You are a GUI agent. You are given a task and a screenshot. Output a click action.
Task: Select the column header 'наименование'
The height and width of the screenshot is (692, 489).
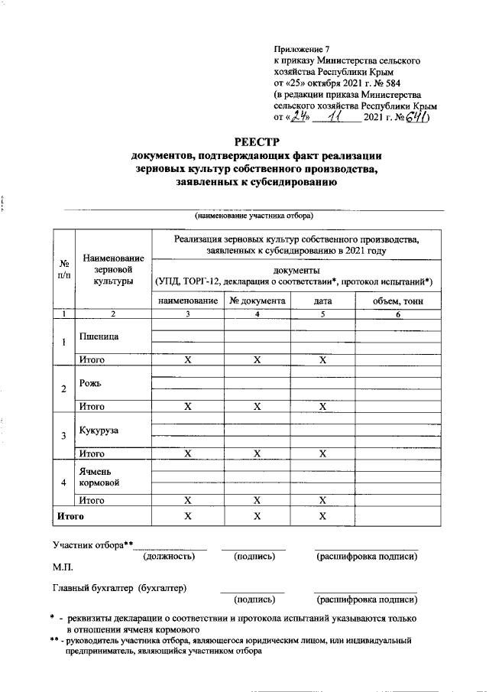[x=187, y=301]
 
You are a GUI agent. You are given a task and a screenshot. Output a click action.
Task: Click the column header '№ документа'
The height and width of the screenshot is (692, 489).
[x=257, y=301]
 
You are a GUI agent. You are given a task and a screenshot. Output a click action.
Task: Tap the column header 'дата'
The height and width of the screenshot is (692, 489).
[x=322, y=301]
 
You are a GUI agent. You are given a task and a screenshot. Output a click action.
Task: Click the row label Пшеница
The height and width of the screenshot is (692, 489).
[x=99, y=336]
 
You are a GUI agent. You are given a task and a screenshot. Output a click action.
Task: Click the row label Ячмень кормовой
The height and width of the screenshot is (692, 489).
[x=99, y=478]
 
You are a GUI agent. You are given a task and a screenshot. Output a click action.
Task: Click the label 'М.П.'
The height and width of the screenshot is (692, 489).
[x=63, y=569]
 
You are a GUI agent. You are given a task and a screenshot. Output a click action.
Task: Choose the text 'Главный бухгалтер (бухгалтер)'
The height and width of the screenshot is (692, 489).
[x=120, y=588]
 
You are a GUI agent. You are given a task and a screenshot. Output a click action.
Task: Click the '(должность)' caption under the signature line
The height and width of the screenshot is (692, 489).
[x=169, y=557]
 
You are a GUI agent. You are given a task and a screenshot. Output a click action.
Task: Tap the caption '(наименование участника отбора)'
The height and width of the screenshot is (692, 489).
[x=252, y=216]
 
